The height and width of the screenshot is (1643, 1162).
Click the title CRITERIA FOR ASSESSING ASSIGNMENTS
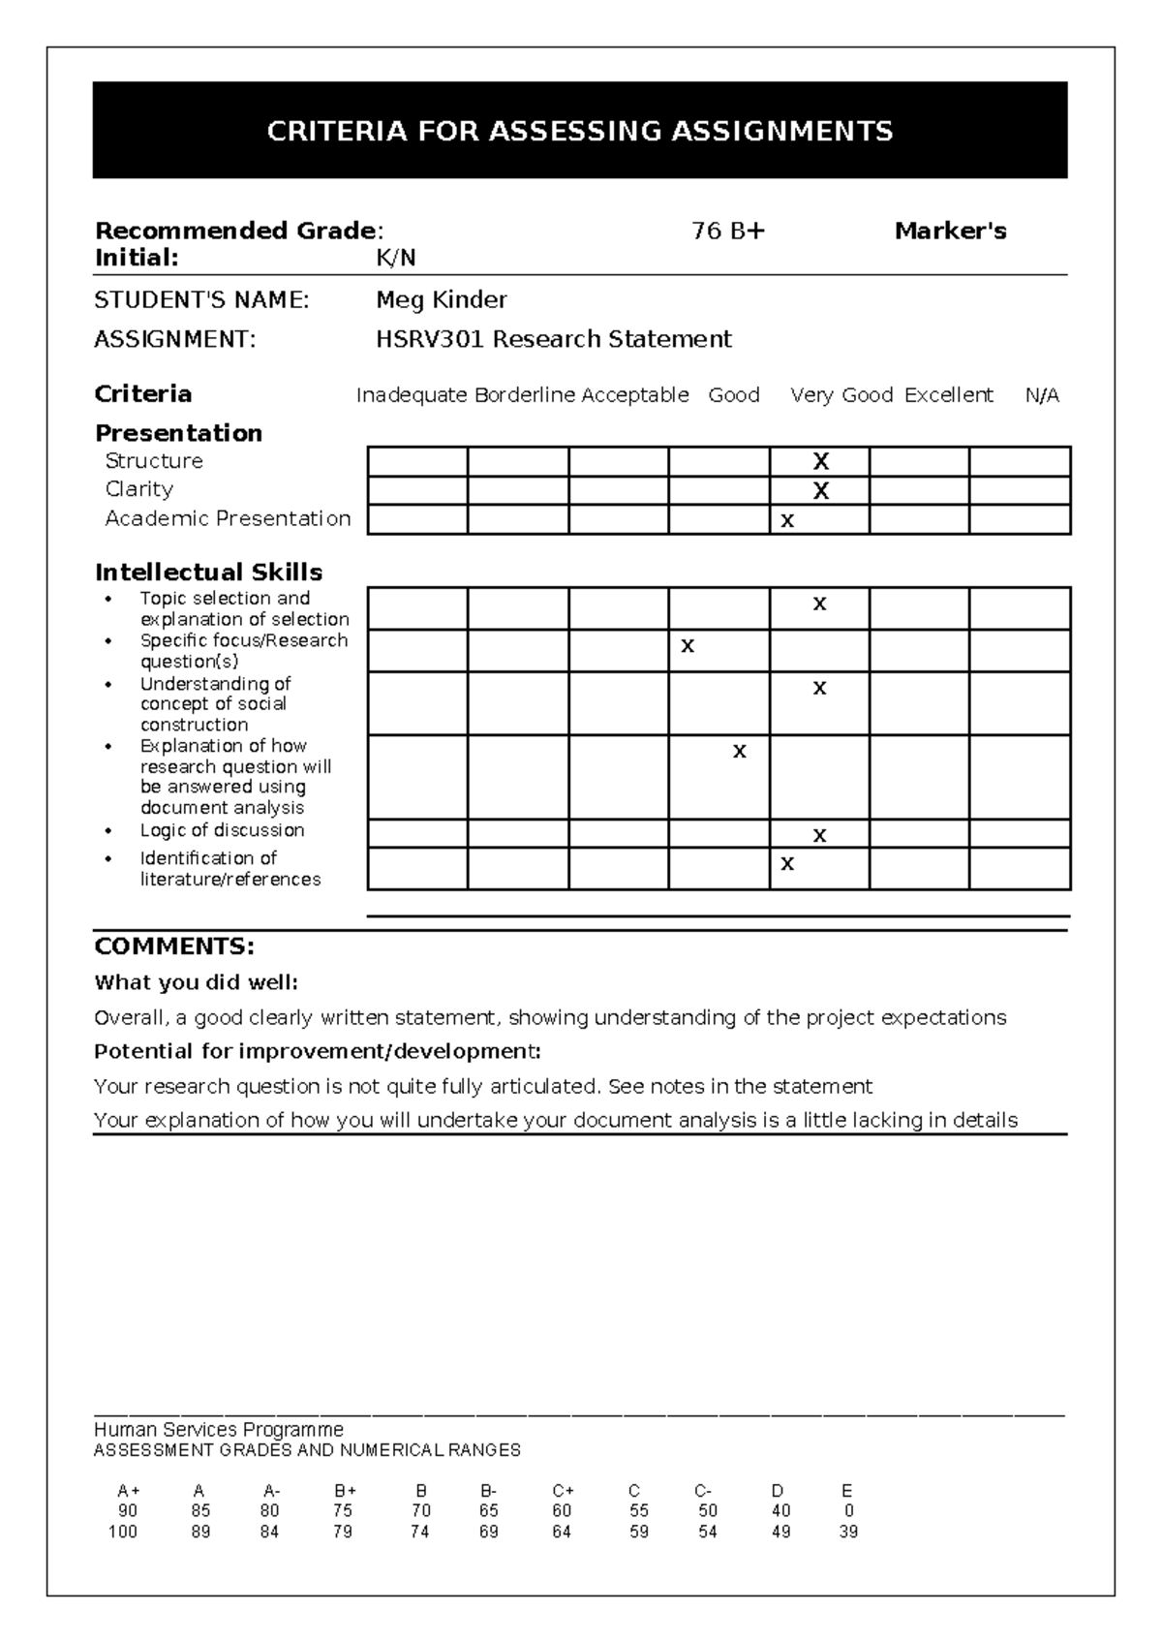580,132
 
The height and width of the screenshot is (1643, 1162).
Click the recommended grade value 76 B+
728,232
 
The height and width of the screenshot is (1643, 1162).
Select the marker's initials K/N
395,258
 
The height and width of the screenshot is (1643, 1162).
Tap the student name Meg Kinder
441,300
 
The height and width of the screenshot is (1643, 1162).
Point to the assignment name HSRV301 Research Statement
553,339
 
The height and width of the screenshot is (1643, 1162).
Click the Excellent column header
949,395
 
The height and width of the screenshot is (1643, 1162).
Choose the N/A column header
1042,395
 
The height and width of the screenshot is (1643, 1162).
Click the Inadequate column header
412,395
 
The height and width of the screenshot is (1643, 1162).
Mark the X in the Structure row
821,461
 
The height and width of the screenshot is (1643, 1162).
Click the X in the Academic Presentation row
787,521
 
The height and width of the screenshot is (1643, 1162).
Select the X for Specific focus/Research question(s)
688,646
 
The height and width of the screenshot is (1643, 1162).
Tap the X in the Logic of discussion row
820,835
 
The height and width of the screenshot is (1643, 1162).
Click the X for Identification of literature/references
787,864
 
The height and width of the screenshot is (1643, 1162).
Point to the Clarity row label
139,489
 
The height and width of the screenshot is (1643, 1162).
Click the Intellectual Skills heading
208,573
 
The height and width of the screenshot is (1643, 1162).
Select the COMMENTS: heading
174,946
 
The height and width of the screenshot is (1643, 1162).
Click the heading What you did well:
196,982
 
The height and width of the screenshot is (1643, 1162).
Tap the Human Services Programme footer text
219,1430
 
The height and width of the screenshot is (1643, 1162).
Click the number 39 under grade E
848,1532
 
